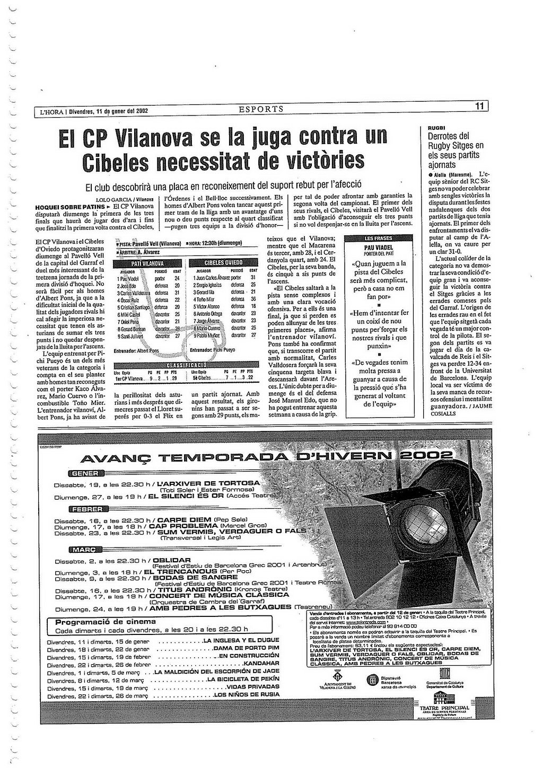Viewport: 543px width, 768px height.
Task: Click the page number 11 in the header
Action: pos(480,107)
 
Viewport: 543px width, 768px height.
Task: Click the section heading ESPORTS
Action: pos(261,110)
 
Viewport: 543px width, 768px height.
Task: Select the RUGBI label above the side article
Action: pos(436,128)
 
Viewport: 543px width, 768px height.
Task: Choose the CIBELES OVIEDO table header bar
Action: pos(223,263)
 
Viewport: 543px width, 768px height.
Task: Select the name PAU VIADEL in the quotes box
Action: pos(379,248)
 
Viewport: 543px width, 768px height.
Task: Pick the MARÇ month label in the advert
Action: pos(85,550)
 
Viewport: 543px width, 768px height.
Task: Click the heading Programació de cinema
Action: pos(106,622)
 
